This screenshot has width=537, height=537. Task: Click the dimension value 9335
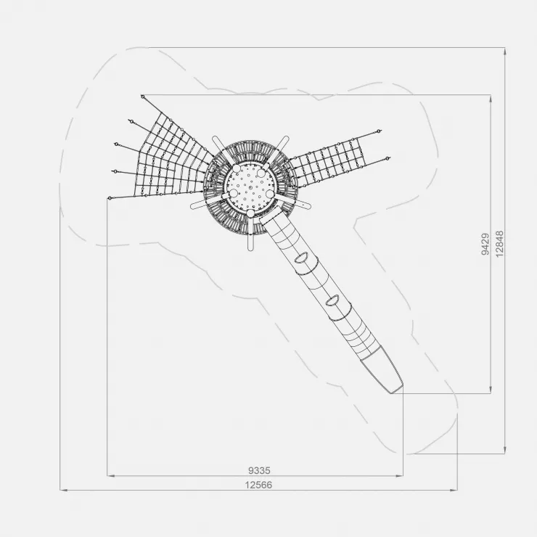[259, 470]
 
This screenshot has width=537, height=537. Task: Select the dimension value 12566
[258, 485]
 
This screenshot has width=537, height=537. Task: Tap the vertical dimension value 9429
[485, 244]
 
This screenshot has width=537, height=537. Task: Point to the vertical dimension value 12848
[500, 244]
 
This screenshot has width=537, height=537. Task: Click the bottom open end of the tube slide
[397, 389]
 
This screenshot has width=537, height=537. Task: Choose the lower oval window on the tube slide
[332, 300]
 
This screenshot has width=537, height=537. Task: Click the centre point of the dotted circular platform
[250, 187]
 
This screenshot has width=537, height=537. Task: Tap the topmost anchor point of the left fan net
[142, 97]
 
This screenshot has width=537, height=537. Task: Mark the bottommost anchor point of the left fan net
[110, 198]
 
